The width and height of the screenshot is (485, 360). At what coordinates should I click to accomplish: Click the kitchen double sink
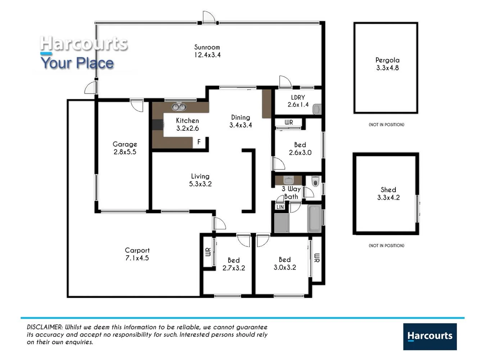click(x=179, y=107)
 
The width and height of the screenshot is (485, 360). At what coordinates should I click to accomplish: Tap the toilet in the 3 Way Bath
click(x=315, y=181)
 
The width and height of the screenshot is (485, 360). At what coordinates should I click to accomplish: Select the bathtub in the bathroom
click(x=314, y=219)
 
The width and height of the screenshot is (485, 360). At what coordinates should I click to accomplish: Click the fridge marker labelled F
click(x=199, y=142)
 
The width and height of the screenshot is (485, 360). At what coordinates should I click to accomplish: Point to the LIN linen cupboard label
click(x=280, y=207)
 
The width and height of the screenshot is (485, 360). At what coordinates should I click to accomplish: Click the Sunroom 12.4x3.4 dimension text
click(x=207, y=55)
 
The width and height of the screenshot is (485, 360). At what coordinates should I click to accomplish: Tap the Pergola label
click(x=387, y=60)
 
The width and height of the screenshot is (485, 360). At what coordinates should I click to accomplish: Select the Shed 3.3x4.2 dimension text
click(x=388, y=197)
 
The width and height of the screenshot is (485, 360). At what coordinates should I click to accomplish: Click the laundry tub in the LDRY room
click(x=317, y=109)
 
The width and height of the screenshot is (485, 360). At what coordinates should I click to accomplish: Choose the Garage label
click(x=124, y=144)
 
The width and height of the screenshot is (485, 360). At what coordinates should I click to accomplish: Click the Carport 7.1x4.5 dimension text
click(x=137, y=258)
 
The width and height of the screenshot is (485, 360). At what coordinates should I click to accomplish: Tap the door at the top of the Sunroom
click(x=209, y=17)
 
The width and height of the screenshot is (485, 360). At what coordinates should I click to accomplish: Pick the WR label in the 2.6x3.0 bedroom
click(x=289, y=122)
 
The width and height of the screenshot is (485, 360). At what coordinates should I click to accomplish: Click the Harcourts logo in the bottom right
click(x=430, y=336)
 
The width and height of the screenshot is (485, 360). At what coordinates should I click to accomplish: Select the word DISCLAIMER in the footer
click(x=45, y=327)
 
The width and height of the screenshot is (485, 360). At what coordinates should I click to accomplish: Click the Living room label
click(x=200, y=176)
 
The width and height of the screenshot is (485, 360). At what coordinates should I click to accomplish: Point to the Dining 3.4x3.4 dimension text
click(x=240, y=125)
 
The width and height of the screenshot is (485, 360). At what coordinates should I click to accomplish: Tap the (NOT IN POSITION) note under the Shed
click(x=386, y=246)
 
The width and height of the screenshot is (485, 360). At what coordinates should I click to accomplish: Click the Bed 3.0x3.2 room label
click(x=285, y=260)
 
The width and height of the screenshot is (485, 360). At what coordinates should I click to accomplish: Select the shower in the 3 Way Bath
click(x=281, y=223)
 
